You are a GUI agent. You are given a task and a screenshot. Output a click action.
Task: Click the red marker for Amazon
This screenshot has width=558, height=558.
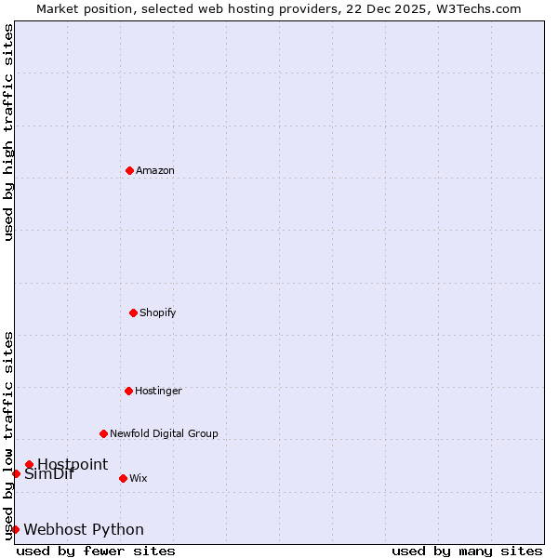tap(129, 170)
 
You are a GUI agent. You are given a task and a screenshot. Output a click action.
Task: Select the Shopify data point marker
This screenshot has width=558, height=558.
tap(133, 312)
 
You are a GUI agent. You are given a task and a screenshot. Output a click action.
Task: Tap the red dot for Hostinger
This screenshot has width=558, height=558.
tap(128, 391)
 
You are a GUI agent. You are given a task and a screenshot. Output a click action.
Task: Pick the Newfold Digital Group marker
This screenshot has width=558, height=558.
tap(103, 433)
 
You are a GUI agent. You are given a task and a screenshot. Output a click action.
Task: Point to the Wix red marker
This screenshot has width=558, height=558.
tap(123, 478)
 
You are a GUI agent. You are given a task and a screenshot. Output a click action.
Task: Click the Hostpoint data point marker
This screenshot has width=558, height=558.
tap(29, 464)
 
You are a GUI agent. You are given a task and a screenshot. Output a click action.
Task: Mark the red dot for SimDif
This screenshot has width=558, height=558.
tap(16, 473)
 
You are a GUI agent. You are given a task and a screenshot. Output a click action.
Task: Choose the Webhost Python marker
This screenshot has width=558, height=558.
tap(15, 529)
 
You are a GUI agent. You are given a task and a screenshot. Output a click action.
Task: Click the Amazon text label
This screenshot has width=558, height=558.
tap(155, 170)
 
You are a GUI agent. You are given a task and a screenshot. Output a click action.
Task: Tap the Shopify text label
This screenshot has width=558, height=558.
tap(158, 312)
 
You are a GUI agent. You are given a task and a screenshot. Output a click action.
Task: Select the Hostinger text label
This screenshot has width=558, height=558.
tap(158, 391)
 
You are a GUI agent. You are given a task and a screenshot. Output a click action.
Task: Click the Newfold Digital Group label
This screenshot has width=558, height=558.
tap(164, 433)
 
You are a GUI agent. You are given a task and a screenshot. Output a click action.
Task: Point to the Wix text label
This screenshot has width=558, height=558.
tap(139, 478)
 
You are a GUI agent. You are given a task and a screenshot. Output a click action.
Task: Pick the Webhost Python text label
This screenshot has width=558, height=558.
tap(84, 529)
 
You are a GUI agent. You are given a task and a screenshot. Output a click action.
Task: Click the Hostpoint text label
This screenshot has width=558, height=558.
tap(73, 464)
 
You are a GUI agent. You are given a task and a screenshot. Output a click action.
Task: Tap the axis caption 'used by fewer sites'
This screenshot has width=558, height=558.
tap(96, 551)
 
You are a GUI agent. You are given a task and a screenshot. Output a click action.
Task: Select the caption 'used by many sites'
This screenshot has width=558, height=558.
tap(467, 551)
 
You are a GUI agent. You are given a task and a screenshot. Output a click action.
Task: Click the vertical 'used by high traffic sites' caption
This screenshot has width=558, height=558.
tap(8, 132)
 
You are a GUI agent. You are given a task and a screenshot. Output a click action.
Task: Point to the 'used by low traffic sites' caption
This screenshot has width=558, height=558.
tap(8, 434)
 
